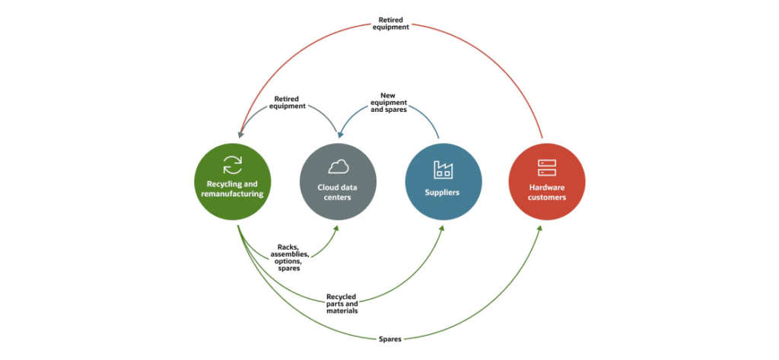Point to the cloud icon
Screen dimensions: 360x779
pos(338,167)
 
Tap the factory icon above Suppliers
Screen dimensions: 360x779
pos(443,169)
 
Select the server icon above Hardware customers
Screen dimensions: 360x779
pos(547,167)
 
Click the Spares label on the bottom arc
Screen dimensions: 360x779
pos(389,339)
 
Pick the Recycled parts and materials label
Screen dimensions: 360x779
pos(342,304)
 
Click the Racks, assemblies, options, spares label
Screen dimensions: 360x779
pos(288,257)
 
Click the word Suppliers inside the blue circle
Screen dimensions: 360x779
pos(443,193)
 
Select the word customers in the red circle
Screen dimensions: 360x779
pos(547,197)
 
